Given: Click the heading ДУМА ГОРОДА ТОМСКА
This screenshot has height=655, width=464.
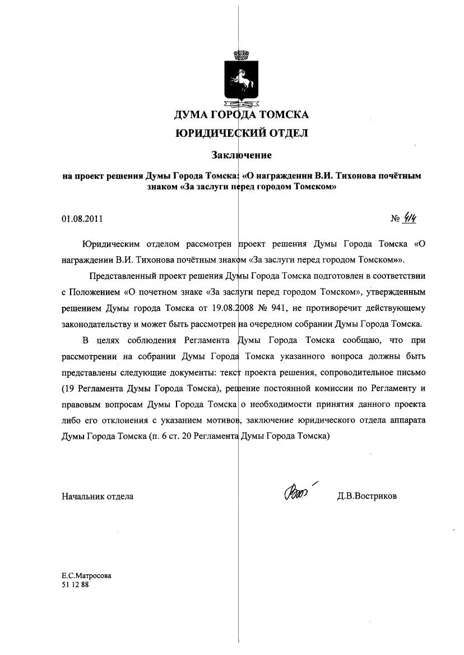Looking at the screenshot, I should point(241,115).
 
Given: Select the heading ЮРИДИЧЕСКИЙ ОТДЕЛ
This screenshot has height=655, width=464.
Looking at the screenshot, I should point(241,134).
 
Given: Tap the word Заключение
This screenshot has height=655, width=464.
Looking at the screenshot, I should point(241,154).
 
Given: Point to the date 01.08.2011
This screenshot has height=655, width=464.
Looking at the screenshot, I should point(82,219).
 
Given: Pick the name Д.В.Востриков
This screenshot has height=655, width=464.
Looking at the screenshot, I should point(366,496).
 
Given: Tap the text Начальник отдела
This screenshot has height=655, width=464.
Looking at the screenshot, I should point(98,496).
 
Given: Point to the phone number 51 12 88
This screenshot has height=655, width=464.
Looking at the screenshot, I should point(75,584).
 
